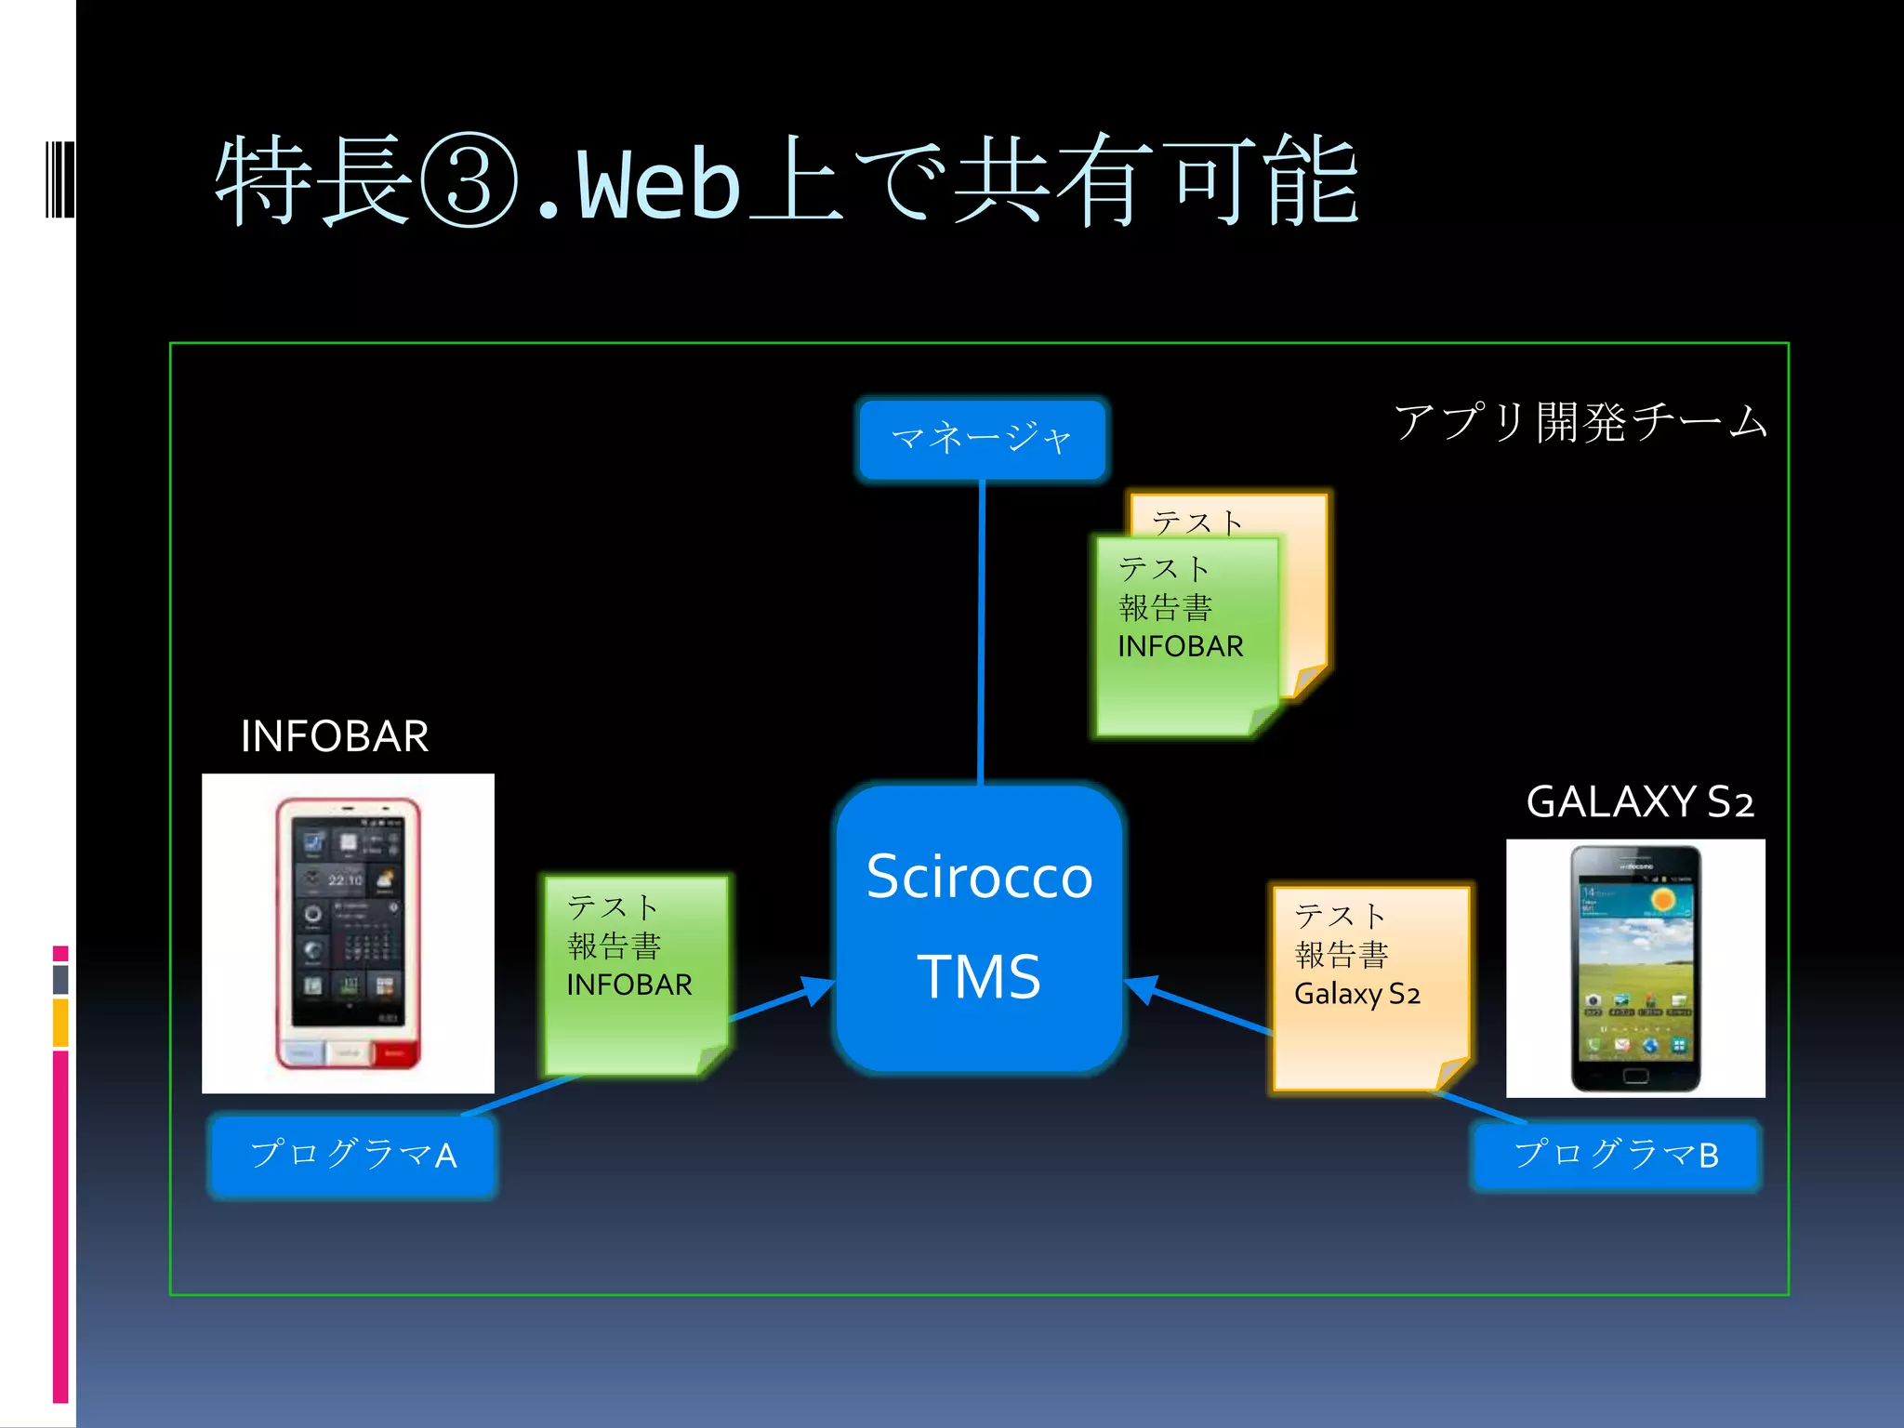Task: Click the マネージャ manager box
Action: click(982, 439)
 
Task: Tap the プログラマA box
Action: click(353, 1155)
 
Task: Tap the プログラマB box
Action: click(1616, 1155)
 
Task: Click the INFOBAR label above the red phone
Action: click(335, 736)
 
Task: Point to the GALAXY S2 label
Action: click(1640, 801)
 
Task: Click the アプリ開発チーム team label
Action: click(1580, 422)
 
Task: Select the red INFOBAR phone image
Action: click(348, 933)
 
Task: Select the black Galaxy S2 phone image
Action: click(1635, 969)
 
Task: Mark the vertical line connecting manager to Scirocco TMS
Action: click(982, 632)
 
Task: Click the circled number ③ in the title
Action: click(469, 182)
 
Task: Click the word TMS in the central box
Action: click(979, 977)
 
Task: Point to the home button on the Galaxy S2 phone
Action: click(1635, 1077)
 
